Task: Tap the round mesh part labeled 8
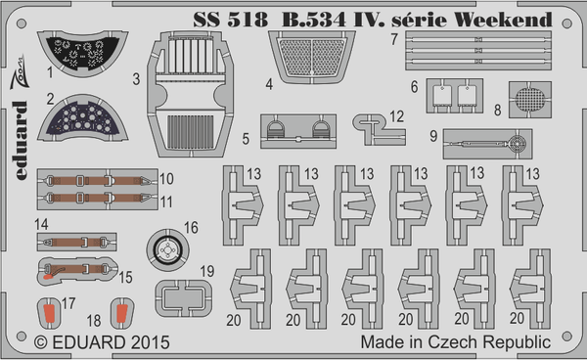coord(530,101)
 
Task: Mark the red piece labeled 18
coord(120,315)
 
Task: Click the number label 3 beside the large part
coord(138,78)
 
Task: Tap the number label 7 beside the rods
coord(391,40)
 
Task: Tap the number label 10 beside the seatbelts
coord(166,180)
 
